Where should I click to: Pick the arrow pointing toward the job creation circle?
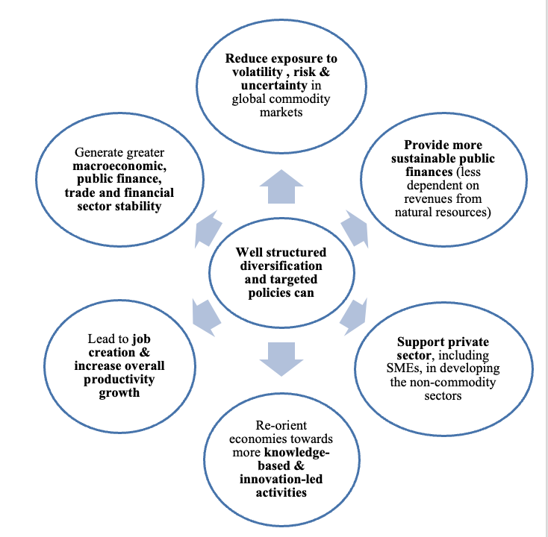tap(206, 314)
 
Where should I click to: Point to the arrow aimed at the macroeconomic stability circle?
tap(207, 228)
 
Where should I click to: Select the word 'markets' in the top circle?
tap(281, 112)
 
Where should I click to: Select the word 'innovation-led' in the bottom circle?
tap(281, 478)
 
